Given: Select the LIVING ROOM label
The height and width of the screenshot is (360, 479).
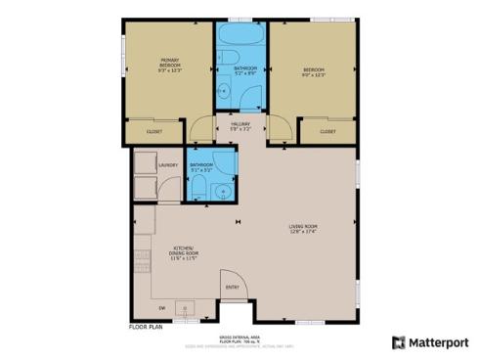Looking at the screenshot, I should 302,229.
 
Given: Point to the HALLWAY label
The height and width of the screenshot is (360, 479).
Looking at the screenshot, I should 240,126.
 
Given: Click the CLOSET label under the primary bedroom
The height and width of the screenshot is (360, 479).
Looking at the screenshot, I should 154,131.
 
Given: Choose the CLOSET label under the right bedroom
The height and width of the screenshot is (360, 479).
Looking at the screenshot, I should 327,131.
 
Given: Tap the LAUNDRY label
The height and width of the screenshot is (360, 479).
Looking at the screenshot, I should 166,165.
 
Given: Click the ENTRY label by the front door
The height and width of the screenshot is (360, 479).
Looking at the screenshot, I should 232,287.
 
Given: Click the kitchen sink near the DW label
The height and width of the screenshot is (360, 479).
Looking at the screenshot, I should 184,310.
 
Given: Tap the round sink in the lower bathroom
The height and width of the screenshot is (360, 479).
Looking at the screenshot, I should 223,189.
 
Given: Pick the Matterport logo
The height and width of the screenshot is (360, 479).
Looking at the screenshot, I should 429,341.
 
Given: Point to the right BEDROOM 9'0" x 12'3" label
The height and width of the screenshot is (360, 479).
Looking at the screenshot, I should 314,72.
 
